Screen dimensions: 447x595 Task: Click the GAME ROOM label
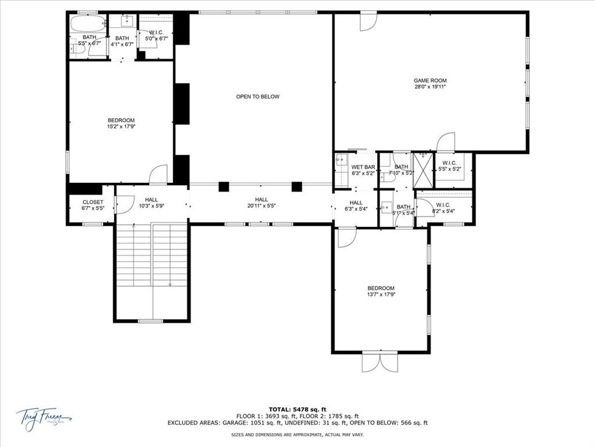tap(430, 80)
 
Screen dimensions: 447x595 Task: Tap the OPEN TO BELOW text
tap(257, 97)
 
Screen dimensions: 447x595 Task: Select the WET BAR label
tap(363, 167)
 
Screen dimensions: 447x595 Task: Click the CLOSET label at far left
tap(93, 202)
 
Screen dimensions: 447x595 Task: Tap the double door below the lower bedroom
tap(380, 361)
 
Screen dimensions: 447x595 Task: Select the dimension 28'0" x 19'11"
tap(430, 87)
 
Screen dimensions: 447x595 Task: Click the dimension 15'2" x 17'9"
tap(121, 126)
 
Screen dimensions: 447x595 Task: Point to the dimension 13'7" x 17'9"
tap(381, 295)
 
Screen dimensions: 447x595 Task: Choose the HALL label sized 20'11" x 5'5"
tap(261, 199)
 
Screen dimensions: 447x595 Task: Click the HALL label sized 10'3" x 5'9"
tap(152, 199)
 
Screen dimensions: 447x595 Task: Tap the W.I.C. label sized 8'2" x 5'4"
tap(443, 205)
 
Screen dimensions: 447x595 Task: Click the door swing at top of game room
tap(368, 22)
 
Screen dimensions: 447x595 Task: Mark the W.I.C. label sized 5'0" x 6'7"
tap(155, 33)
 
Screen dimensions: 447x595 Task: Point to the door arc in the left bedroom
tap(159, 174)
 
